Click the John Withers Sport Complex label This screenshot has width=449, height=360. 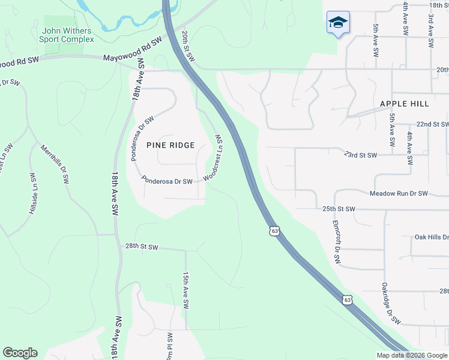[67, 35]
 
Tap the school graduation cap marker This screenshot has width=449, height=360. [338, 23]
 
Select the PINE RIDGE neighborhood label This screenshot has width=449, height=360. [170, 145]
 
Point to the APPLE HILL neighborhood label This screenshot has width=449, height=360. [404, 104]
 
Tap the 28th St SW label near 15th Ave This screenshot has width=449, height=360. [141, 247]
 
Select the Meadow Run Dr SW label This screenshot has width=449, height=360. [399, 193]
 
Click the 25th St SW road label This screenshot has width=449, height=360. [339, 209]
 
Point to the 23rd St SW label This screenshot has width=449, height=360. [360, 155]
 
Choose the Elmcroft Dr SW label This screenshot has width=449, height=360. [336, 242]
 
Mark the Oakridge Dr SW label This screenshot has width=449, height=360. [391, 304]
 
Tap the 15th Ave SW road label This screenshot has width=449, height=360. [186, 290]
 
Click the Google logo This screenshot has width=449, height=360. [20, 353]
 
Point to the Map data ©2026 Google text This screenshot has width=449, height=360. [412, 355]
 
